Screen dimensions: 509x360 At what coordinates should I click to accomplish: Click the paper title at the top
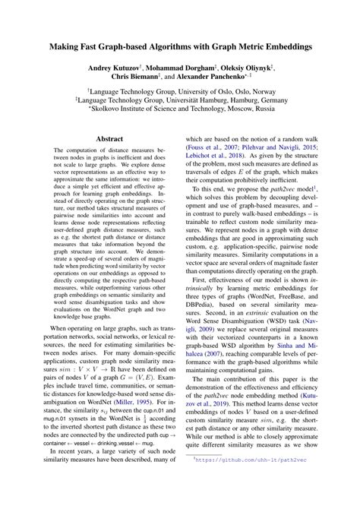click(180, 46)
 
